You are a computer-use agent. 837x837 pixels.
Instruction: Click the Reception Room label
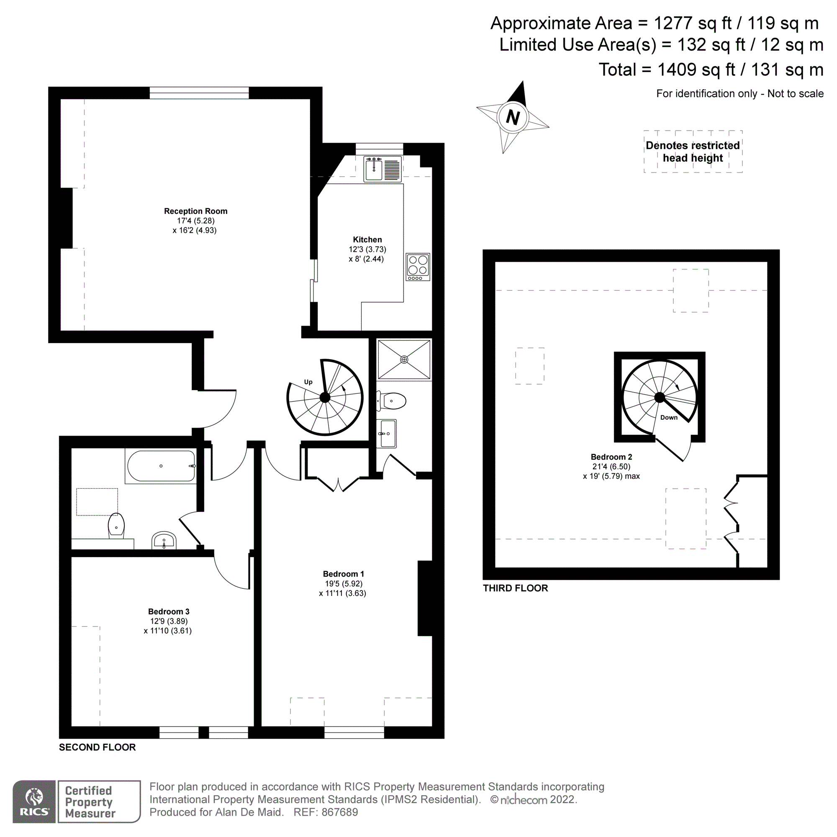click(195, 211)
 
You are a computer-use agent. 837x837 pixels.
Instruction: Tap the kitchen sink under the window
click(373, 169)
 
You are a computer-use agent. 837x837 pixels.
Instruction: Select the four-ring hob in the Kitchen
click(418, 266)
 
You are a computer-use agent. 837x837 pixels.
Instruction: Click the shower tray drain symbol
click(404, 359)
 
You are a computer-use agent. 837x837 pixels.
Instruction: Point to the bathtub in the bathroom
click(161, 466)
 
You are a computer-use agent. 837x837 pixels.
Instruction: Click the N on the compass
click(513, 118)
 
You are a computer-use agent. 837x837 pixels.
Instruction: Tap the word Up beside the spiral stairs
click(308, 382)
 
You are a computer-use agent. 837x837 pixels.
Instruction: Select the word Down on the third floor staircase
click(668, 417)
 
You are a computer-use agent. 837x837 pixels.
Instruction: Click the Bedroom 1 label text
click(343, 574)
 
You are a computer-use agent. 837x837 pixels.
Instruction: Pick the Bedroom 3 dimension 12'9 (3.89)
click(169, 621)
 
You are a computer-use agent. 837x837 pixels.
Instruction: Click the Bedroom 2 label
click(611, 457)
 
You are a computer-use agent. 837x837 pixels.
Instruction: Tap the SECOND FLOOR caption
click(97, 747)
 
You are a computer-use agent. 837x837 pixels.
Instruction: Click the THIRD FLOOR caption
click(515, 588)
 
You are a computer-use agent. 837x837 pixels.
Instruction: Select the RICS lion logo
click(34, 796)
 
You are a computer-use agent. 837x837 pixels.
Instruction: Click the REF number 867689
click(339, 812)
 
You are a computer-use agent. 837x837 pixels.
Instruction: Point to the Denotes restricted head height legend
click(692, 151)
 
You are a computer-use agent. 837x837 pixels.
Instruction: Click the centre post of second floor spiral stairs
click(324, 397)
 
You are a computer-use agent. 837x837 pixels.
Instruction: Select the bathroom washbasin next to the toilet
click(164, 541)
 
